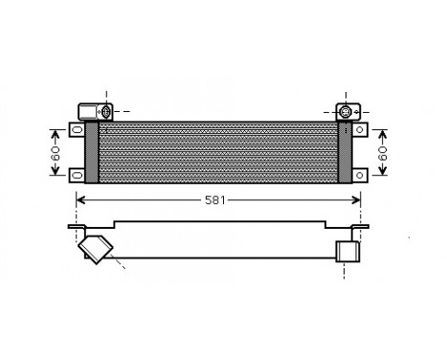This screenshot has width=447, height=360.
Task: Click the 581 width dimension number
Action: tap(216, 200)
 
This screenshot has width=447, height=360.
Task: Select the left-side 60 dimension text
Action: tap(56, 151)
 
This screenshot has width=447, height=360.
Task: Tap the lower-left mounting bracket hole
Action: tap(77, 173)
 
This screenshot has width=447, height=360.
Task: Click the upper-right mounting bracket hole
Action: tap(359, 127)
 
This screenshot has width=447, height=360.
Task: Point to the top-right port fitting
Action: tap(344, 112)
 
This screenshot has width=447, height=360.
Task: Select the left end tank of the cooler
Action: tap(92, 151)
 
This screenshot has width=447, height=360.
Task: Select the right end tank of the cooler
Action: tap(346, 151)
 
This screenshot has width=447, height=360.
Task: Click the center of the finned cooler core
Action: tap(218, 151)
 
